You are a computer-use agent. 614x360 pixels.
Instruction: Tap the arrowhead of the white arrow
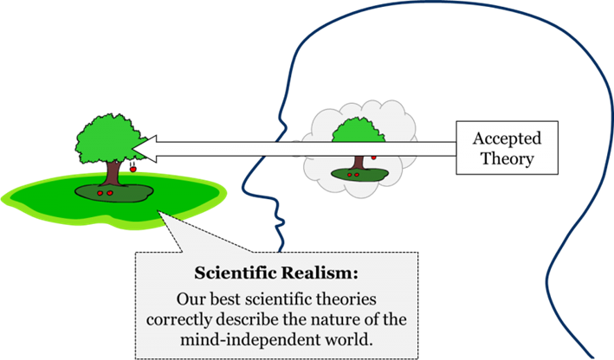coord(146,149)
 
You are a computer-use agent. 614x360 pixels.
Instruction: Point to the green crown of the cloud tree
coord(353,134)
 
